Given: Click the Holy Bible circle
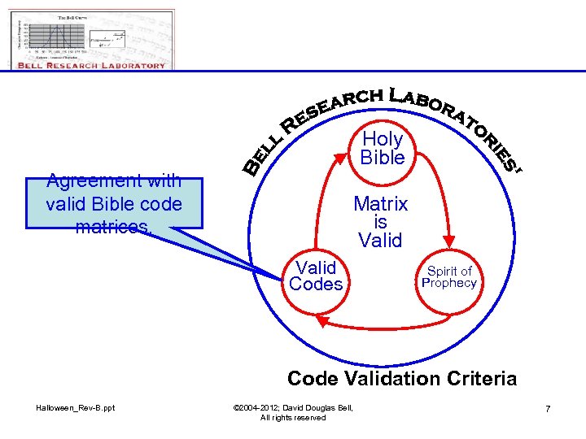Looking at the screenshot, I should (383, 148).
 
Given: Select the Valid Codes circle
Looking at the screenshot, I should (316, 276).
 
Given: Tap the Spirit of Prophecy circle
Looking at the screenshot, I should (448, 277).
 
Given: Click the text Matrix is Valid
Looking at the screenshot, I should (380, 222).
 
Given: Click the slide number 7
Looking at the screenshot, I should (548, 408).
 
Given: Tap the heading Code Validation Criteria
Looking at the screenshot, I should (402, 378).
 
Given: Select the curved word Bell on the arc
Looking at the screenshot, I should (262, 154).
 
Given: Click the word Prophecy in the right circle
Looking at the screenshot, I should (448, 283).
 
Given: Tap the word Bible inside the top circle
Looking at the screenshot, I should (383, 158).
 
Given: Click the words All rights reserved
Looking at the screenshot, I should (293, 417).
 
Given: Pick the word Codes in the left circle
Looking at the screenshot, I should (316, 285).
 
